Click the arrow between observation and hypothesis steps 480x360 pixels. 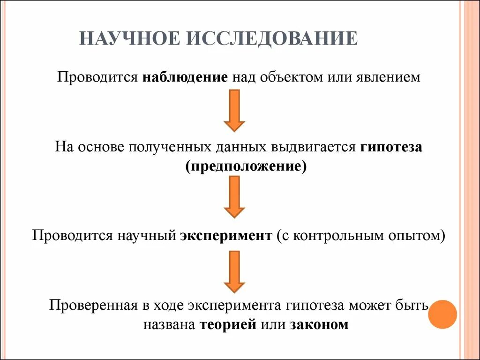pos(234,110)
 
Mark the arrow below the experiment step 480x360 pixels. pos(234,272)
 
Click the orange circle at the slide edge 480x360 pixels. pos(443,315)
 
